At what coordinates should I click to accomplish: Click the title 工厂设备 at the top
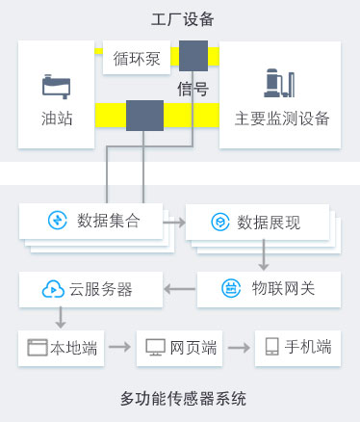coord(183,19)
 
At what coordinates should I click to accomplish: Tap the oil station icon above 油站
coord(56,86)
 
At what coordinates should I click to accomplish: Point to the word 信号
coord(193,90)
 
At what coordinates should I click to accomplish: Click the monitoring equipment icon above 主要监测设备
coord(280,85)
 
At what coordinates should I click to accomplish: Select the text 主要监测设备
coord(281,119)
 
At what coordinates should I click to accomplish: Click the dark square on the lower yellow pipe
coord(144,116)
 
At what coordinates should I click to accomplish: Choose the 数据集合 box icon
coord(58,221)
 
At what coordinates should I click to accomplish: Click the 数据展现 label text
coord(270,223)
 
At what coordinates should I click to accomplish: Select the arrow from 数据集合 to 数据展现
coord(174,222)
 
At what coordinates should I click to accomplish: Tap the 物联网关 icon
coord(231,287)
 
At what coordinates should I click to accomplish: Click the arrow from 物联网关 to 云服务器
coord(178,287)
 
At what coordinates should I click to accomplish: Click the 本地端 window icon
coord(38,347)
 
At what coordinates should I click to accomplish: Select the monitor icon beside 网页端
coord(153,347)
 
